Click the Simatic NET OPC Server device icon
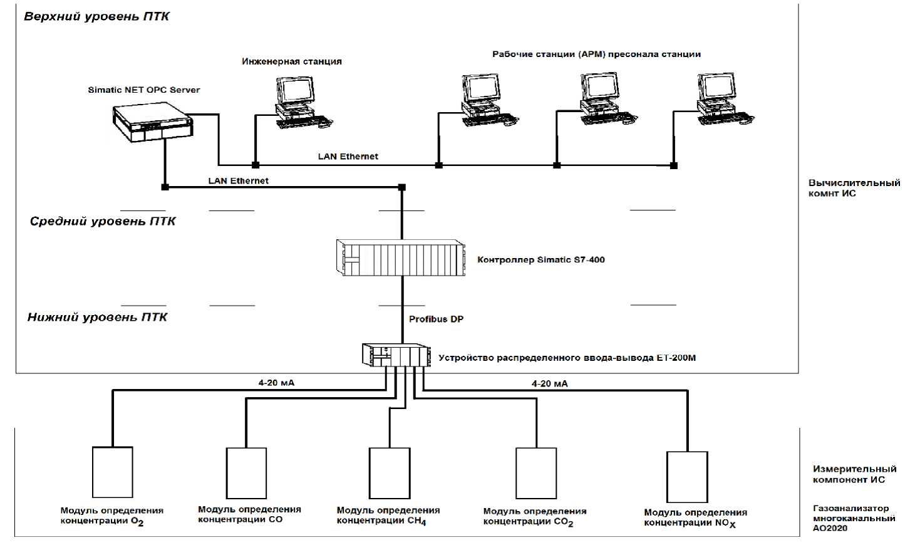tap(152, 123)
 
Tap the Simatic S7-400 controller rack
tap(401, 257)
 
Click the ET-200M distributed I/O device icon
tap(396, 356)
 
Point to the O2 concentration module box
tap(113, 472)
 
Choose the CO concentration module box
tap(246, 473)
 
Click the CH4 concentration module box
tap(390, 473)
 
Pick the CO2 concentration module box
tap(536, 473)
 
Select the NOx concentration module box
tap(687, 477)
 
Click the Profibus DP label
tap(436, 319)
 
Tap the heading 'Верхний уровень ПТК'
tap(96, 16)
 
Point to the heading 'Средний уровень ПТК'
tap(103, 221)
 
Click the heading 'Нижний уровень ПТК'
tap(97, 317)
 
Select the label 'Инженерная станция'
tap(292, 61)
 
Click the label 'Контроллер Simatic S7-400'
tap(541, 259)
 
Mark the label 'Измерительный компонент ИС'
tap(854, 474)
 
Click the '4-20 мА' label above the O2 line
tap(276, 383)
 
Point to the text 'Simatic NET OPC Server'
tap(144, 90)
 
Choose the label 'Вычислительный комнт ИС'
tap(854, 188)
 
